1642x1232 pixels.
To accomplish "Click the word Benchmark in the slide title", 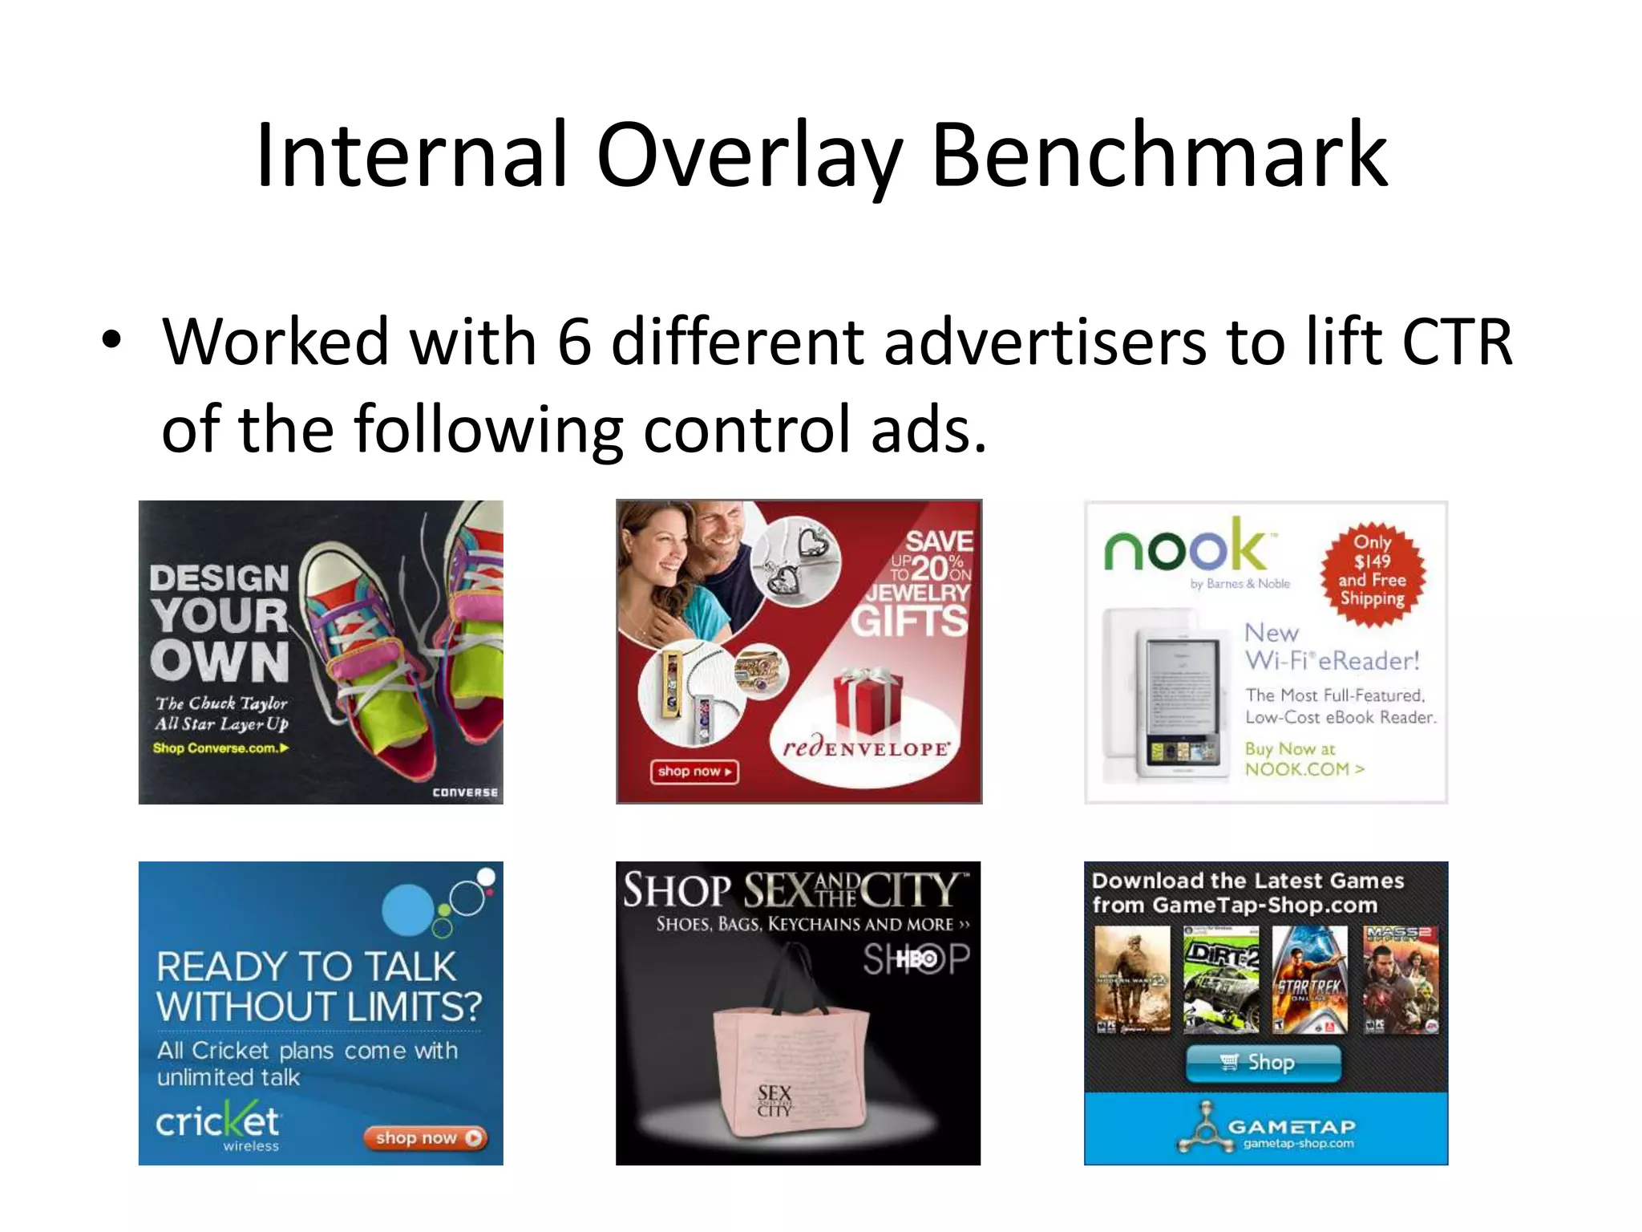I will click(x=1159, y=155).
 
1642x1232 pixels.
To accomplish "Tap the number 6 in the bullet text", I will click(x=574, y=342).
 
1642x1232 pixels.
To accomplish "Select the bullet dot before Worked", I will click(x=111, y=340).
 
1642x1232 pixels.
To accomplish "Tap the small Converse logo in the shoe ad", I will click(x=464, y=792).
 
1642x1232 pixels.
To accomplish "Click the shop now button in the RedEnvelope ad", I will click(x=694, y=772).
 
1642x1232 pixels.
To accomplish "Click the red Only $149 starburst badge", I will click(x=1372, y=570).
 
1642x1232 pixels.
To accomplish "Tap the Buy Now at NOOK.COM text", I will click(x=1303, y=759).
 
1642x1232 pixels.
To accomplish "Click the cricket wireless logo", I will click(x=218, y=1125).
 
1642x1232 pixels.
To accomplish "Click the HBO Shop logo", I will click(x=916, y=959).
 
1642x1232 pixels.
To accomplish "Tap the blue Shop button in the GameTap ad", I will click(x=1263, y=1063).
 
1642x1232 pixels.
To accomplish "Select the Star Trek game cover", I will click(x=1310, y=979).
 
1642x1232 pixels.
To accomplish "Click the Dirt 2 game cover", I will click(x=1220, y=979).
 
